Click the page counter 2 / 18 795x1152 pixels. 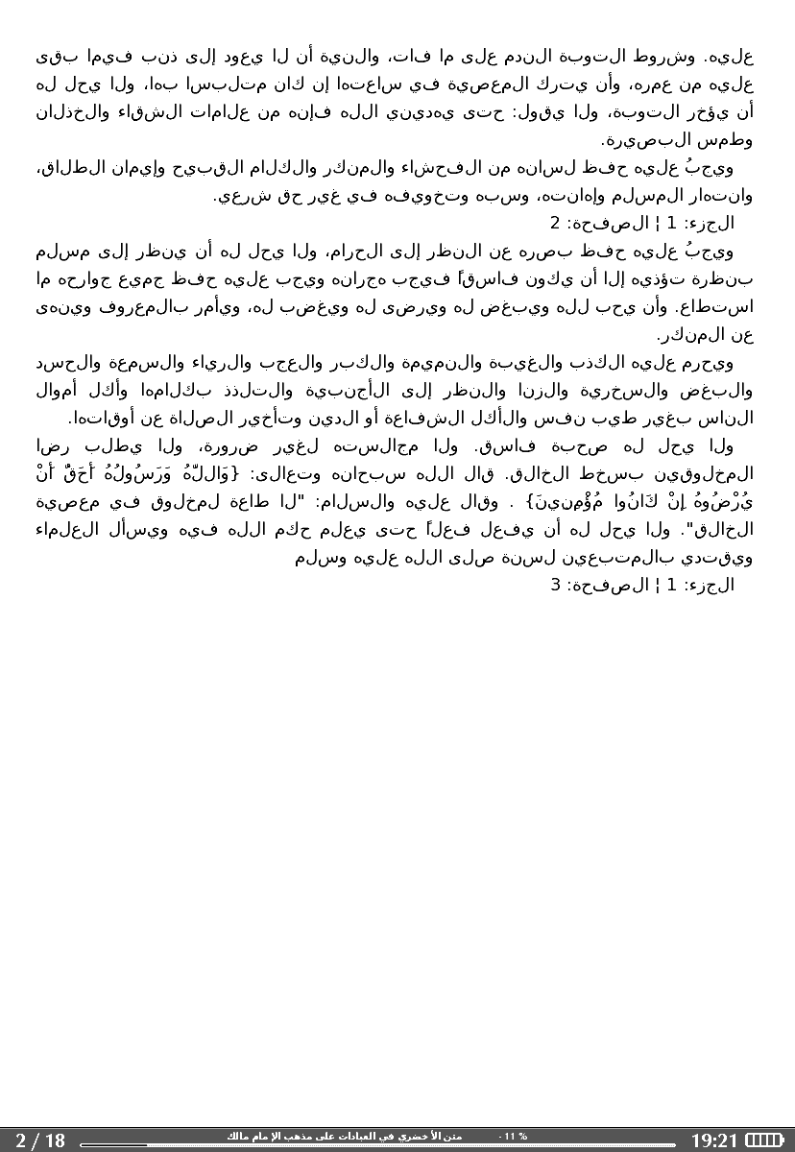[40, 1140]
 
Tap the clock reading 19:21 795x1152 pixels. [714, 1140]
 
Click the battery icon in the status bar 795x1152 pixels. [764, 1140]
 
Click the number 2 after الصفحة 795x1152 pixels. [554, 225]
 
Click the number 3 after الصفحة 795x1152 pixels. [554, 584]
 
